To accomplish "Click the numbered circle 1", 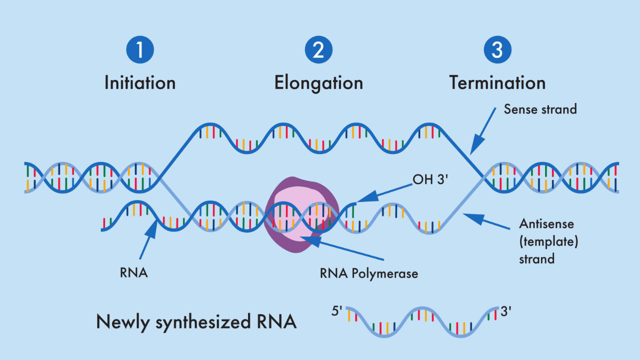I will click(x=140, y=50).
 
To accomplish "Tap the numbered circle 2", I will click(x=318, y=50).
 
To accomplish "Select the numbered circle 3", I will click(x=497, y=50).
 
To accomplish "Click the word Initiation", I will click(x=140, y=83).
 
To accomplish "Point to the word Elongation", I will click(x=318, y=83).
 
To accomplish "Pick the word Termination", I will click(x=497, y=83).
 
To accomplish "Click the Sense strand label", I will click(x=540, y=109).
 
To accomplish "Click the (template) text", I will click(x=549, y=242).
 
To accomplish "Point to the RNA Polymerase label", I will click(x=369, y=274).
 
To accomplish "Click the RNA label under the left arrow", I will click(x=133, y=274).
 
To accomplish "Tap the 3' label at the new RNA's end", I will click(x=507, y=310).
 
